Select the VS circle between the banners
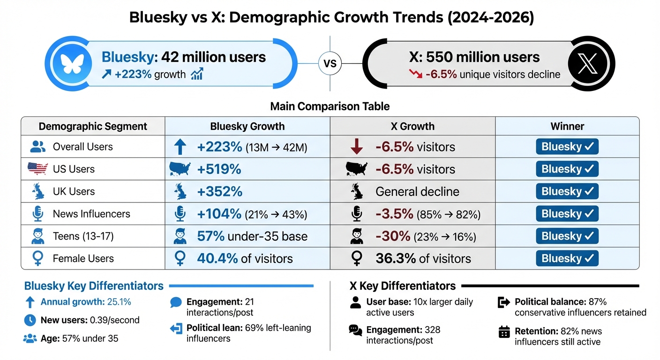click(330, 63)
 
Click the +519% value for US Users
click(219, 169)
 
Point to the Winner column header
click(567, 126)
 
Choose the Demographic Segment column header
click(93, 126)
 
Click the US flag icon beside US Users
click(38, 169)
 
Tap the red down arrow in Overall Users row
click(357, 147)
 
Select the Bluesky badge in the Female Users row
click(567, 258)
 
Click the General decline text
click(417, 191)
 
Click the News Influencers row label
click(91, 214)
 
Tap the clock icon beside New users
click(30, 320)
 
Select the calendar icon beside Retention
click(504, 332)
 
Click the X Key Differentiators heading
click(403, 286)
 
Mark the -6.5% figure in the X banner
click(441, 74)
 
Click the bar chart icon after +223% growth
click(197, 74)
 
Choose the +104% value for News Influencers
click(219, 214)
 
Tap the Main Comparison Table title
click(330, 106)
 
